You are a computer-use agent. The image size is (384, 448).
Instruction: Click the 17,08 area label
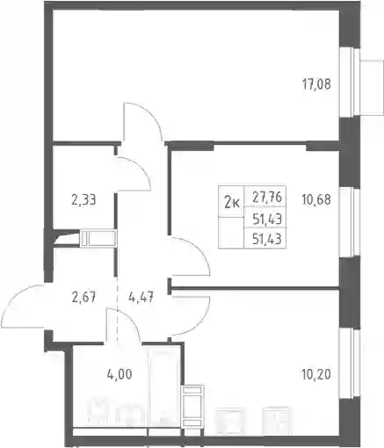(x=316, y=84)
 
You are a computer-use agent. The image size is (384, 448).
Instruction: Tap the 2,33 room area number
(x=83, y=200)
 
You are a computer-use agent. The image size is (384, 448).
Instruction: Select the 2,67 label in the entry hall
(x=83, y=298)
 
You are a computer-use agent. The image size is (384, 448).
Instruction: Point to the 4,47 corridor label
(x=141, y=298)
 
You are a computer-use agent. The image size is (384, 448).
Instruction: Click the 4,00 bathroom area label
(x=120, y=374)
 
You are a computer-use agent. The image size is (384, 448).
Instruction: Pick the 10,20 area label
(x=316, y=374)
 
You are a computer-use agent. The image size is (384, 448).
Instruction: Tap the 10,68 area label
(x=316, y=200)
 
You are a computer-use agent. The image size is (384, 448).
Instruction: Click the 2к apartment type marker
(x=232, y=203)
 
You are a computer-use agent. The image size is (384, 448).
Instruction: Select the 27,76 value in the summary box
(x=267, y=198)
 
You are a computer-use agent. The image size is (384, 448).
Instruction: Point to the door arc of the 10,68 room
(x=202, y=252)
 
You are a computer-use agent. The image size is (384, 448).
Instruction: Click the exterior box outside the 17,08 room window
(x=372, y=87)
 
